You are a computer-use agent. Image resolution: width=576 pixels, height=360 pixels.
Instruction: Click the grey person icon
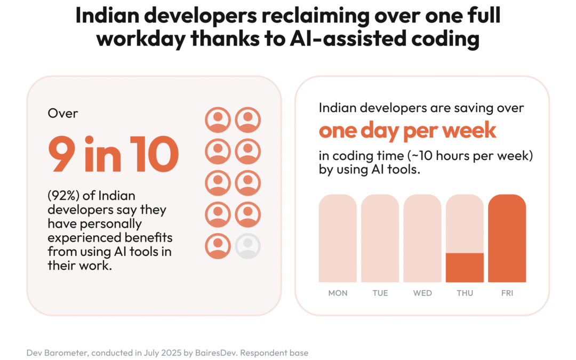click(x=248, y=246)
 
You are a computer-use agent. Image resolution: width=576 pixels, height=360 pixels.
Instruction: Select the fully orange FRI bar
click(x=507, y=238)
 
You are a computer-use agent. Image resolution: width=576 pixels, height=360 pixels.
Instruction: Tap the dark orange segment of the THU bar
click(x=465, y=268)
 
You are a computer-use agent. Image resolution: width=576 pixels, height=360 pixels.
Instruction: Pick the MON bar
click(x=338, y=238)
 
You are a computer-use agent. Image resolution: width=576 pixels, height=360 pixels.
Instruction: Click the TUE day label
click(x=380, y=293)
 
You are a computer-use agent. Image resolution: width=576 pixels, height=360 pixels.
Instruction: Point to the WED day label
click(x=422, y=293)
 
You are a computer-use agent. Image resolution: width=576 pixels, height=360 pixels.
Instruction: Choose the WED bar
click(x=422, y=238)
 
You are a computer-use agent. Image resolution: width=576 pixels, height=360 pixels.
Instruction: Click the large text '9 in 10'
click(x=113, y=154)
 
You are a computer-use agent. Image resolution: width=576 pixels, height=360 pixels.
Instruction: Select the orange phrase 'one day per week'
click(x=407, y=130)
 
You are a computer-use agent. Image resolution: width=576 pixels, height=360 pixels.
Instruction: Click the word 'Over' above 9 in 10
click(x=63, y=113)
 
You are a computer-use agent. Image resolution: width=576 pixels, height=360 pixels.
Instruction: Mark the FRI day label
click(x=507, y=293)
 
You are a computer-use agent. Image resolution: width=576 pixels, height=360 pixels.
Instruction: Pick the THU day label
click(x=465, y=293)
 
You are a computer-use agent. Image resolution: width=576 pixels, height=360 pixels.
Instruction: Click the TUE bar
click(x=380, y=238)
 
